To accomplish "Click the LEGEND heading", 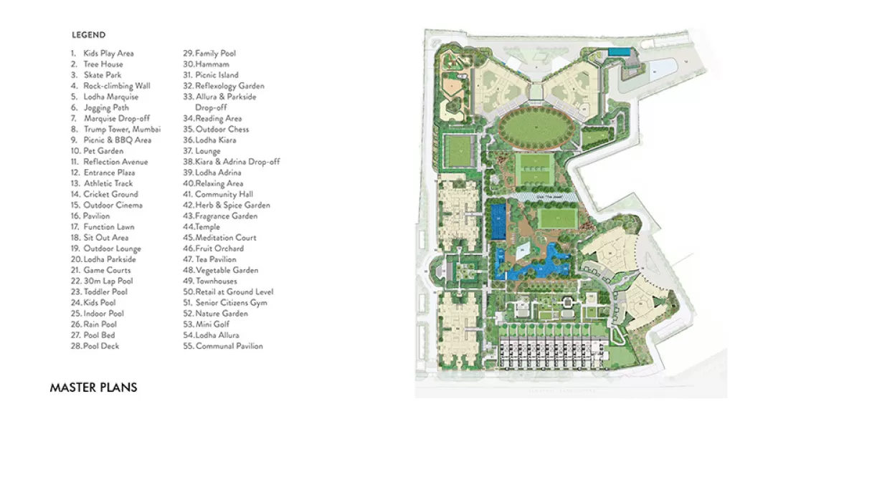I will coord(88,35).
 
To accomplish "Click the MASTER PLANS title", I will coord(93,387).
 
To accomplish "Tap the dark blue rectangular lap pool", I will coord(498,221).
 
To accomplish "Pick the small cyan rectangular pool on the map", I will coord(620,52).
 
